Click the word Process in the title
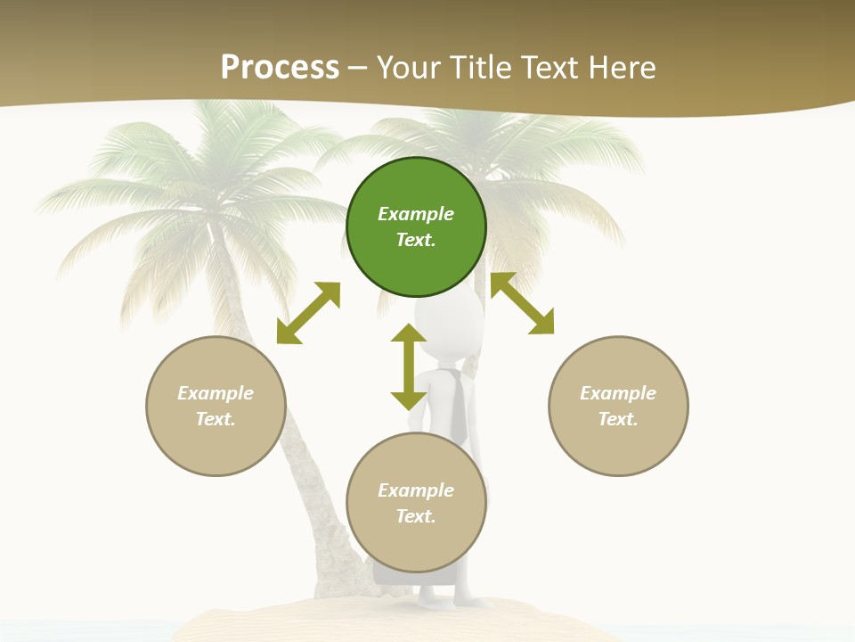(x=280, y=68)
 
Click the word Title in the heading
(x=481, y=68)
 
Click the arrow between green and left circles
(x=308, y=313)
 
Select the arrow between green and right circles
(x=522, y=304)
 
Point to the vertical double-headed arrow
(x=409, y=366)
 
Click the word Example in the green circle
(x=416, y=214)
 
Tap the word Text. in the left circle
(x=216, y=419)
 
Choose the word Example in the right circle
(x=618, y=393)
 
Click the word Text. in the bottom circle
(x=416, y=516)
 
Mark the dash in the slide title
(x=358, y=69)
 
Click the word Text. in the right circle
(x=618, y=419)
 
